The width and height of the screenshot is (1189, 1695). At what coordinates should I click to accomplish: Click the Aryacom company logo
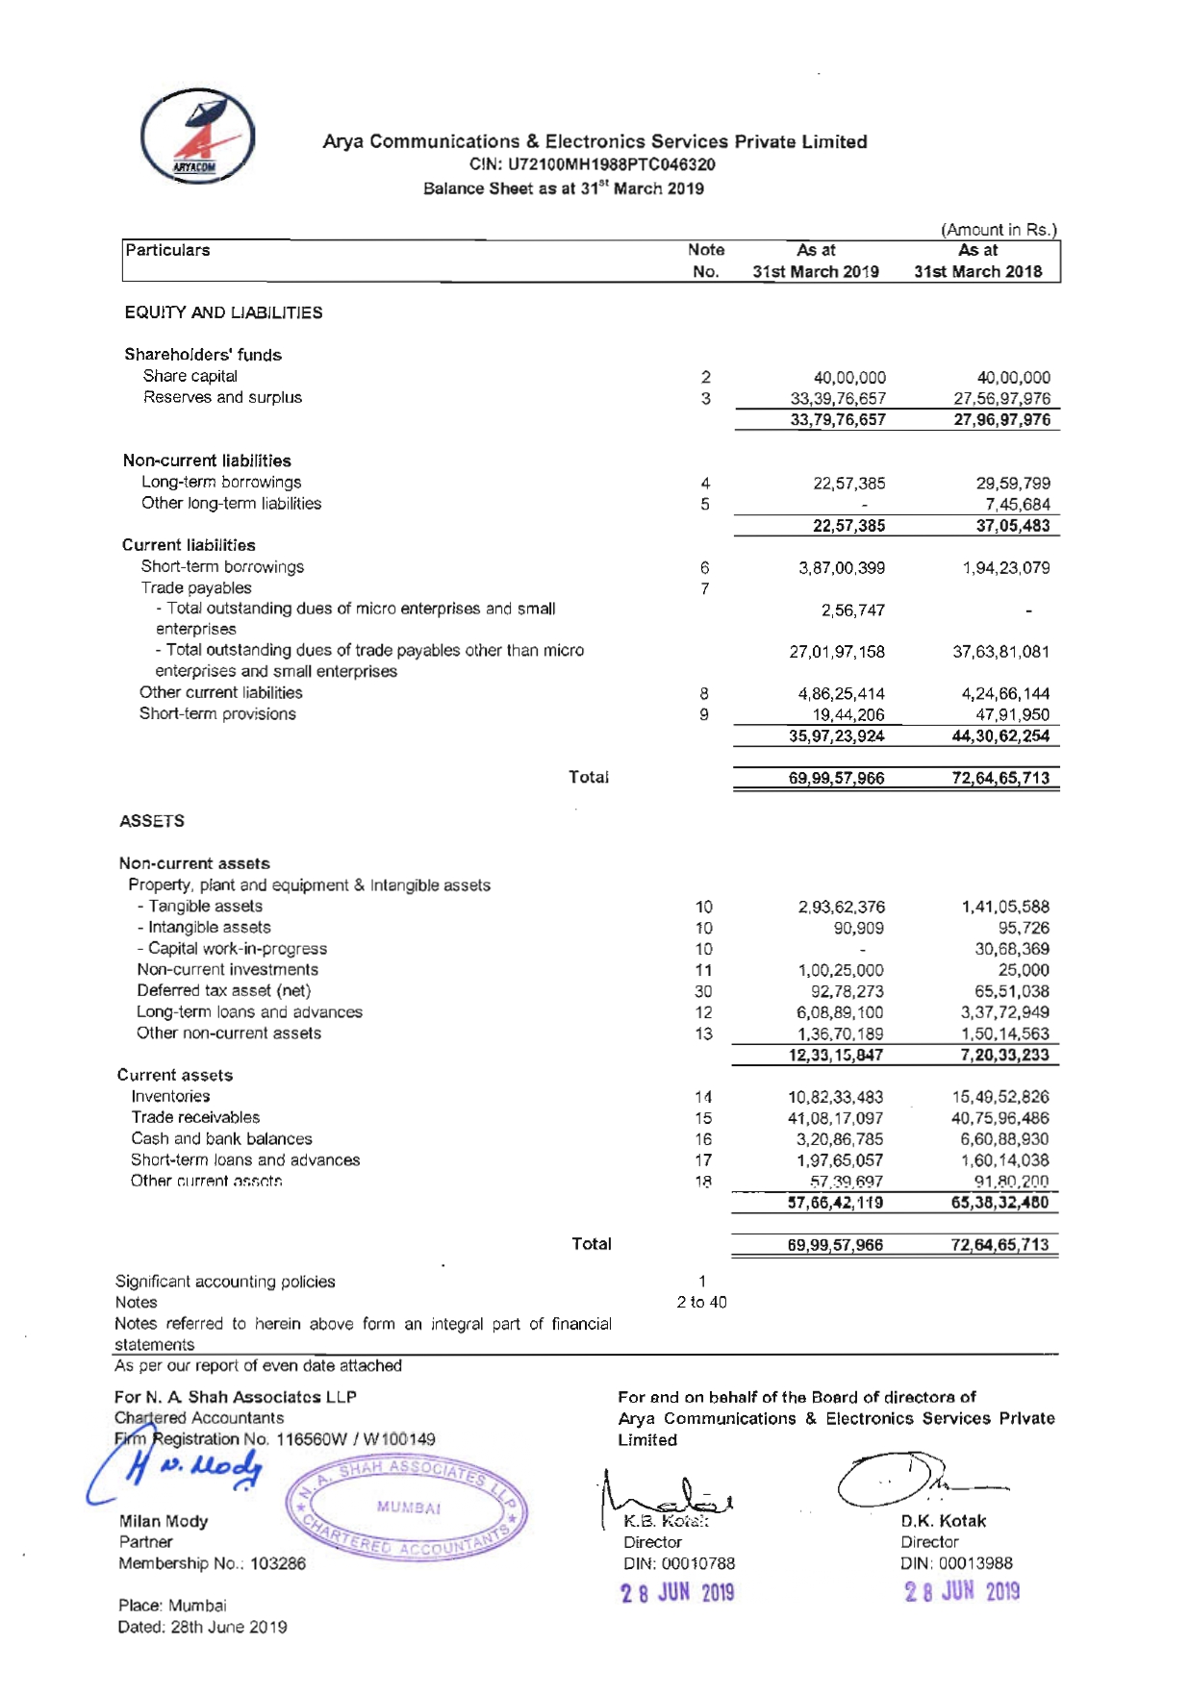click(x=198, y=137)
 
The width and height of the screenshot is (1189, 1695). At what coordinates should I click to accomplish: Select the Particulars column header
click(x=167, y=250)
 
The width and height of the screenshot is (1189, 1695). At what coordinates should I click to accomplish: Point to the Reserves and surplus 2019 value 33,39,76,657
click(x=838, y=398)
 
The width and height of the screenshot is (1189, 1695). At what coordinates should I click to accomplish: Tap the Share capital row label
click(x=190, y=376)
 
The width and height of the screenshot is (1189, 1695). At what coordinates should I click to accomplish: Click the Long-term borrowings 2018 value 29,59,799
click(x=1013, y=484)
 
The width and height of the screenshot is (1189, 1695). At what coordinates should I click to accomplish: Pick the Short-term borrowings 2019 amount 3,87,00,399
click(x=842, y=568)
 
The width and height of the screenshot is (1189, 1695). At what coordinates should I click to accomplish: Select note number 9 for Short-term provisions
click(x=704, y=714)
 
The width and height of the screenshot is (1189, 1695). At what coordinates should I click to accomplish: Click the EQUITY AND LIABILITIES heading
click(x=223, y=312)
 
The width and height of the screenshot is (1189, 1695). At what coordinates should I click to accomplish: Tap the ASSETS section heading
click(x=152, y=821)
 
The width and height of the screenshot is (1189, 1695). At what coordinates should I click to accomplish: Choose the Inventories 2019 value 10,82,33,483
click(x=835, y=1097)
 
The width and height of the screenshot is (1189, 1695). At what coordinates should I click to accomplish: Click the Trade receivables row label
click(x=195, y=1117)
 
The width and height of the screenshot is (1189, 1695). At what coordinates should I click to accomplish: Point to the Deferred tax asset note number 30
click(x=703, y=991)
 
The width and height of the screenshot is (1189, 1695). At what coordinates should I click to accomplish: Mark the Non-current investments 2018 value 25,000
click(x=1024, y=970)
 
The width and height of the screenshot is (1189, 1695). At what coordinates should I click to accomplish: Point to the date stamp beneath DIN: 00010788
click(x=677, y=1593)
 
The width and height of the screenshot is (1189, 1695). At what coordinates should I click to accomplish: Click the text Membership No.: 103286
click(x=212, y=1563)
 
